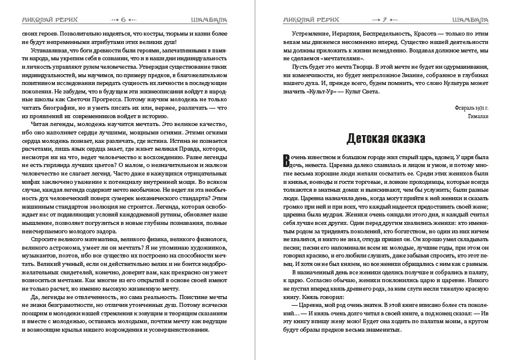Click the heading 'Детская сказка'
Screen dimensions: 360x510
(x=386, y=139)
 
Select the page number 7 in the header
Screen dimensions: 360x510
(x=385, y=19)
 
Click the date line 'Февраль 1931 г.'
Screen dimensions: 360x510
(x=470, y=107)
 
